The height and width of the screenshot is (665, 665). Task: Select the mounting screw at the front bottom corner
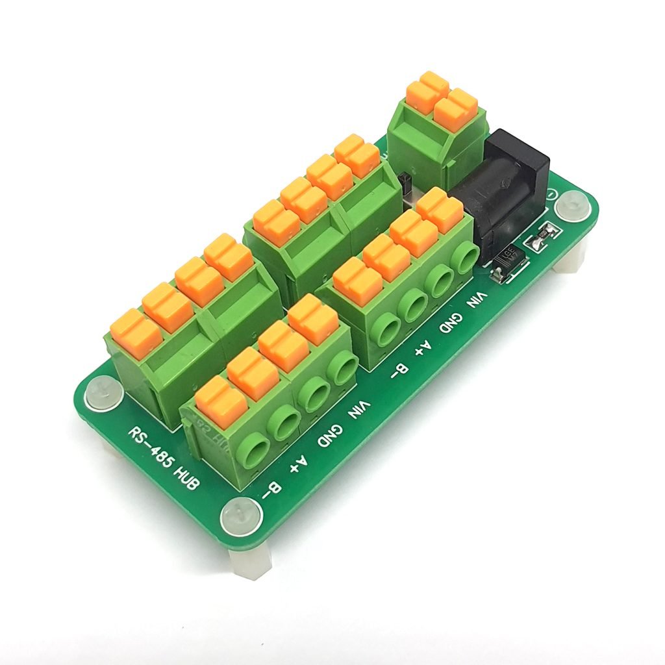tap(241, 519)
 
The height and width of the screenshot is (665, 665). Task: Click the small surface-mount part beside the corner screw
tap(544, 236)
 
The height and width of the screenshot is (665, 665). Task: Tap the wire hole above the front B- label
tap(251, 449)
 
